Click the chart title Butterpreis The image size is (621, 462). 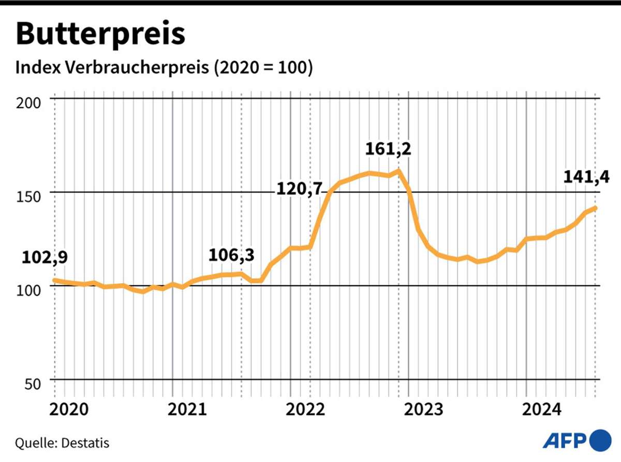tap(101, 34)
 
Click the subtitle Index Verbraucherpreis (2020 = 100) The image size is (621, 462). tap(165, 68)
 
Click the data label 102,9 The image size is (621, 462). tap(45, 257)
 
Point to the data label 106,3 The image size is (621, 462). tap(231, 255)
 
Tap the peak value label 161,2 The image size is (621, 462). tap(388, 149)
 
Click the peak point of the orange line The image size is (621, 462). tap(398, 170)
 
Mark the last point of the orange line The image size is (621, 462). tap(596, 208)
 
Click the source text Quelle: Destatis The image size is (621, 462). tap(62, 443)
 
